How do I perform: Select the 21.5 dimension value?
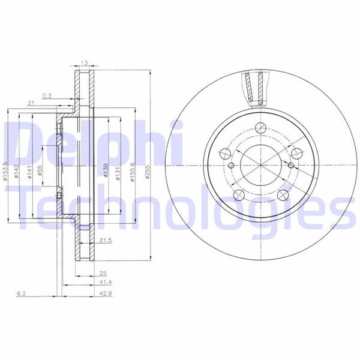(x=106, y=241)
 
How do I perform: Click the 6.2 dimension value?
(x=20, y=293)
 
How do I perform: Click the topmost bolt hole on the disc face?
(x=260, y=128)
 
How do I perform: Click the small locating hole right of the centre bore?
(x=292, y=166)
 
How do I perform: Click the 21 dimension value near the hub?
(x=30, y=104)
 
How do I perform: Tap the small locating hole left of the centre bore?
(x=229, y=166)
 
